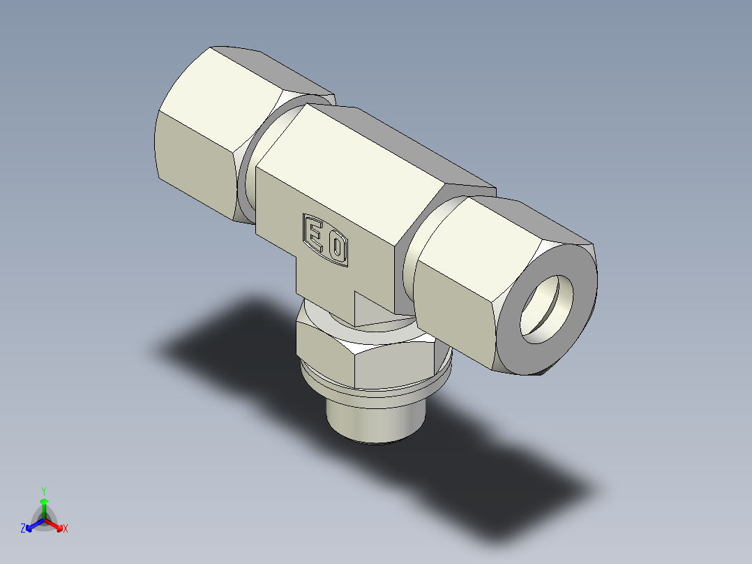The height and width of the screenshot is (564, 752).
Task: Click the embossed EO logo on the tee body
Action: [325, 239]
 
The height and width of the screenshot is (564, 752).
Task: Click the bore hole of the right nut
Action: [548, 308]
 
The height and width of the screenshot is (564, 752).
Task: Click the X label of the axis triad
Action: [66, 529]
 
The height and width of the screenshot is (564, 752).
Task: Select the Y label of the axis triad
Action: [44, 491]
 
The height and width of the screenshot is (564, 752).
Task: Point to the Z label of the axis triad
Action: [23, 529]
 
